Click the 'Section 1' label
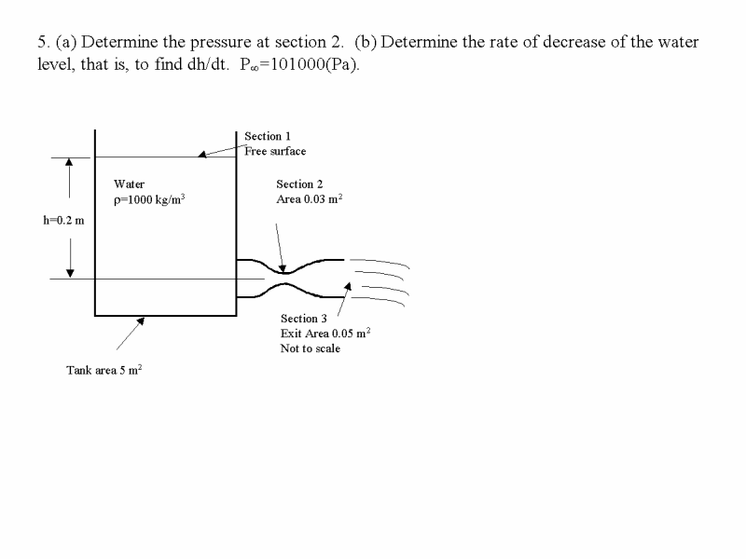click(268, 136)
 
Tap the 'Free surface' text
click(275, 151)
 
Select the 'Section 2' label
click(299, 184)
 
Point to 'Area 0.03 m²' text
click(310, 198)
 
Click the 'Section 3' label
click(304, 319)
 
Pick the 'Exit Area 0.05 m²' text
click(325, 333)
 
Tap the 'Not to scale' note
click(311, 348)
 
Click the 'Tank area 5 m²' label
click(104, 370)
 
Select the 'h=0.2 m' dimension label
click(63, 220)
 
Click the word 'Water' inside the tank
click(129, 184)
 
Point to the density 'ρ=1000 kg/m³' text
click(149, 199)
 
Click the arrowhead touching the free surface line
click(202, 154)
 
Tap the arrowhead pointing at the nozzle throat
click(283, 269)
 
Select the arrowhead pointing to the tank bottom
click(141, 321)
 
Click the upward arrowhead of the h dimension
click(69, 162)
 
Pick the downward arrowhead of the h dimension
click(70, 273)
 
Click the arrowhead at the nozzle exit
click(348, 286)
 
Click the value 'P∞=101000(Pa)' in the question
click(299, 64)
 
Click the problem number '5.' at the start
click(43, 42)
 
